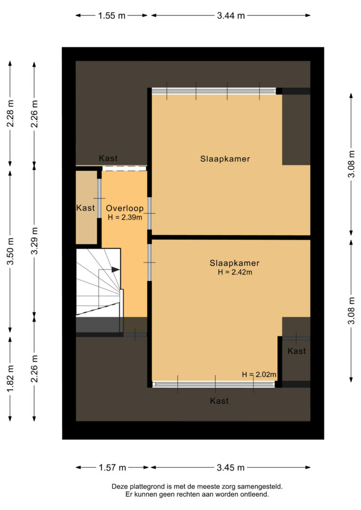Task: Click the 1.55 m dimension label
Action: tap(112, 15)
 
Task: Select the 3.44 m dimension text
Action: tap(231, 15)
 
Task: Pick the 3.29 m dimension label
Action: tap(34, 241)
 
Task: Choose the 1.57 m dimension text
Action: tap(112, 467)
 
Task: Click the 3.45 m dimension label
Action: tap(231, 467)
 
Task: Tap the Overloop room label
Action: tap(124, 208)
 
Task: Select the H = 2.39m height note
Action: tap(124, 217)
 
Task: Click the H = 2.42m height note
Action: tap(235, 272)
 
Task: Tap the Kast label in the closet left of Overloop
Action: tap(86, 208)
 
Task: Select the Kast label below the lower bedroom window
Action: tap(219, 401)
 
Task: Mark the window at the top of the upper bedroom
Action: tap(214, 91)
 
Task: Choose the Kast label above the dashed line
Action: tap(108, 158)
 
